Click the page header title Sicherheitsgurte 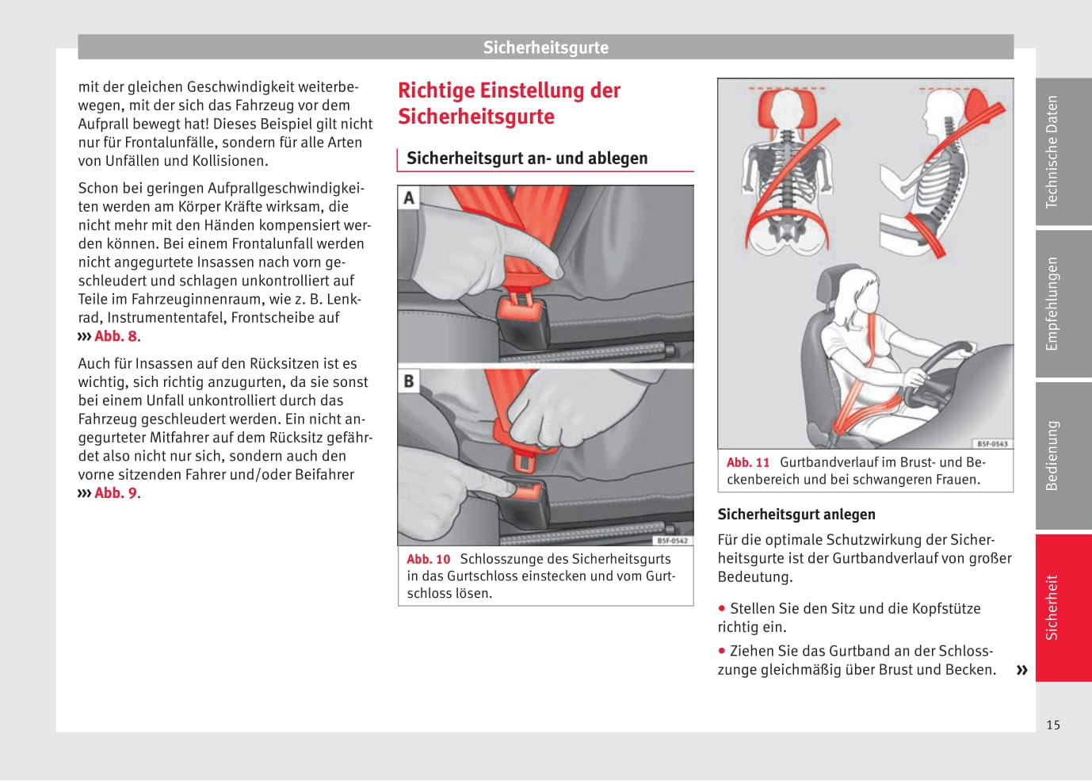click(x=545, y=48)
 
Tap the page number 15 click(x=1052, y=725)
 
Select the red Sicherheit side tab click(x=1063, y=607)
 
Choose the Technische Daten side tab click(x=1063, y=151)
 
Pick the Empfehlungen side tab click(x=1063, y=303)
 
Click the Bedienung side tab click(x=1063, y=455)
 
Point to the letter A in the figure click(x=409, y=197)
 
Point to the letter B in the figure click(x=409, y=381)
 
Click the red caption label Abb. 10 click(x=428, y=559)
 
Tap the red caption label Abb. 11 click(x=747, y=462)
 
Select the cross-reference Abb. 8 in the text click(x=116, y=336)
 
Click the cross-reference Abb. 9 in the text click(x=116, y=493)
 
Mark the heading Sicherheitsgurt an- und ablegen click(x=527, y=159)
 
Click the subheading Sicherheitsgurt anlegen click(x=796, y=515)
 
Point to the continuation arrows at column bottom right click(x=1021, y=670)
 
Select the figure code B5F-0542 click(x=672, y=541)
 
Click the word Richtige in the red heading click(x=437, y=90)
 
